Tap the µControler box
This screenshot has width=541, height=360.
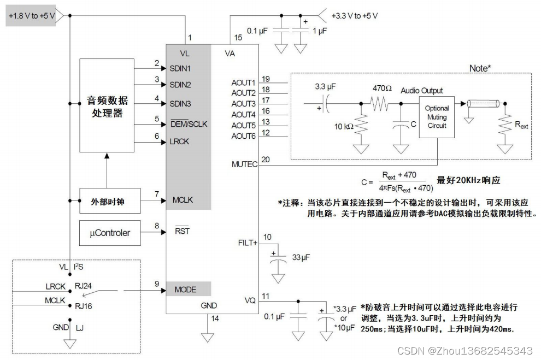pyautogui.click(x=109, y=233)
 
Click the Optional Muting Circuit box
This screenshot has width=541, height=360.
pyautogui.click(x=437, y=117)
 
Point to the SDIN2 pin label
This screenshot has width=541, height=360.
pyautogui.click(x=180, y=85)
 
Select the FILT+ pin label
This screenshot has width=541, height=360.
pyautogui.click(x=248, y=243)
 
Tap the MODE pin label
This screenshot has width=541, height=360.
pyautogui.click(x=185, y=289)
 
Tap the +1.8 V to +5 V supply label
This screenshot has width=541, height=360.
pyautogui.click(x=32, y=16)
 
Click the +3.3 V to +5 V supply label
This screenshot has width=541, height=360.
pyautogui.click(x=354, y=16)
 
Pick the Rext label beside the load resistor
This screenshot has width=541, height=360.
pyautogui.click(x=521, y=125)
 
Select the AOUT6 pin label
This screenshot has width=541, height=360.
pyautogui.click(x=244, y=135)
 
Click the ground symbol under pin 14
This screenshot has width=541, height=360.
pyautogui.click(x=207, y=337)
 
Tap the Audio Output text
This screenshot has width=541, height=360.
pyautogui.click(x=421, y=91)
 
